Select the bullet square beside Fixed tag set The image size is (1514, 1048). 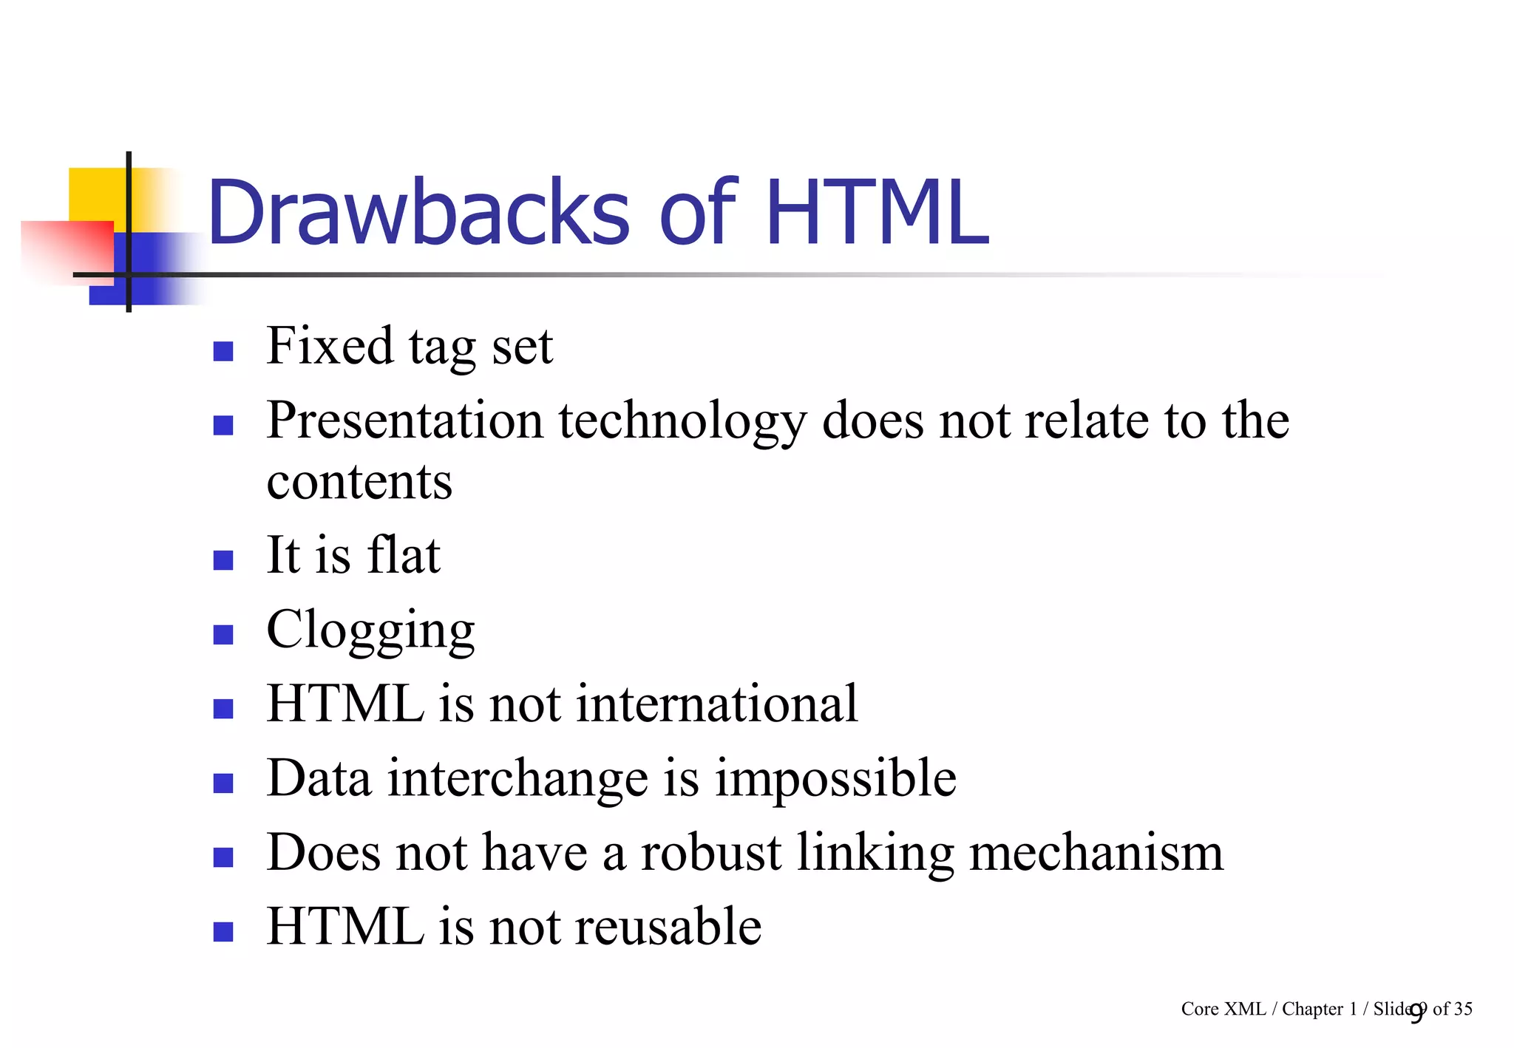(223, 350)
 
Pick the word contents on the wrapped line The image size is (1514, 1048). (359, 482)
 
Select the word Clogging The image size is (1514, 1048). (370, 630)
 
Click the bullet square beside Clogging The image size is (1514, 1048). (223, 634)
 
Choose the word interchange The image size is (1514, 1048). (518, 779)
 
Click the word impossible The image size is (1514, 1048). (835, 779)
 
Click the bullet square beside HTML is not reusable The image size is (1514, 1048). (223, 931)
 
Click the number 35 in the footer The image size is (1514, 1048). (1462, 1009)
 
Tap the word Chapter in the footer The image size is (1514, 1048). (1312, 1010)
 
